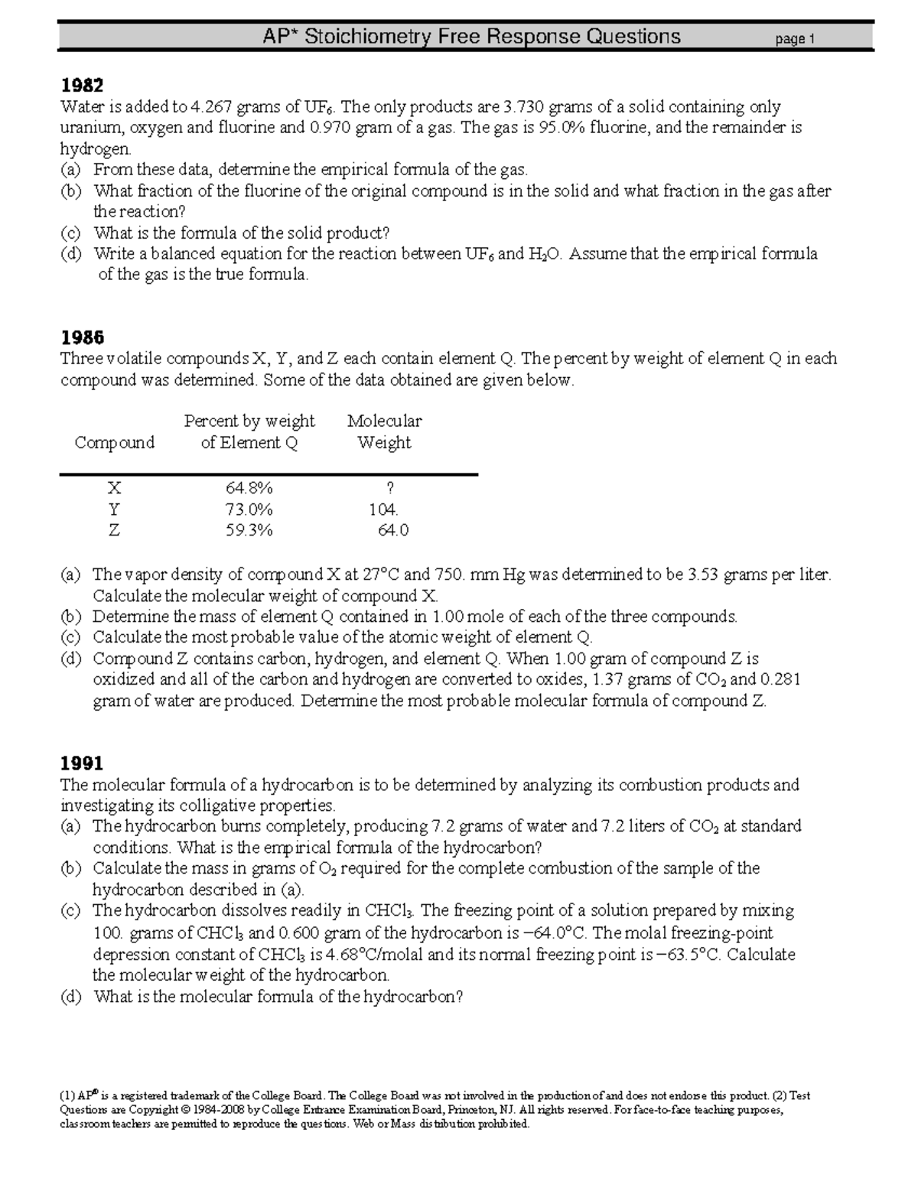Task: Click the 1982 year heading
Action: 82,85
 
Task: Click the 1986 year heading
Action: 82,337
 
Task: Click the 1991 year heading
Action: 82,763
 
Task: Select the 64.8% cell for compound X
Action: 249,488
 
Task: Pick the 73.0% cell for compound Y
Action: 249,509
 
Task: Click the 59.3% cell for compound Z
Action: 249,530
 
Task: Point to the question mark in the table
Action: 391,488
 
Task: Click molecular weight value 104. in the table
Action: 383,509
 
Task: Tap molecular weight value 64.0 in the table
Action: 393,530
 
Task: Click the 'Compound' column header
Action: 114,443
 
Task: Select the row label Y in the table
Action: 114,509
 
